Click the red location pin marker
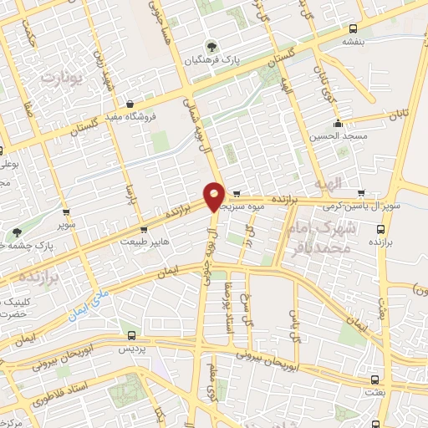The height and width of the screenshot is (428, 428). (x=214, y=196)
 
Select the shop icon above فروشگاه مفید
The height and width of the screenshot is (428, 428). (x=130, y=104)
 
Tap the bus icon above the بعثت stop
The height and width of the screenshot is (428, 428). (x=373, y=378)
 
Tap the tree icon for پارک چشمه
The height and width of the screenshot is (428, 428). (x=17, y=232)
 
